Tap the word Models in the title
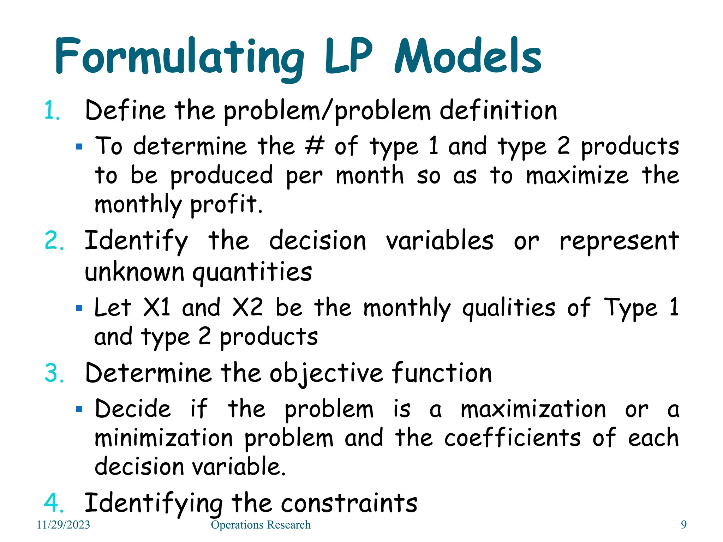[x=468, y=56]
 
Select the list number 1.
[x=52, y=111]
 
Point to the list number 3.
[x=54, y=373]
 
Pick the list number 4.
[x=54, y=503]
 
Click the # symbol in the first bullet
[x=314, y=146]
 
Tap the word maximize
[x=577, y=175]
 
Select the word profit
[x=226, y=205]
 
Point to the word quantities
[x=252, y=272]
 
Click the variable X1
[x=157, y=307]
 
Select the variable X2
[x=247, y=307]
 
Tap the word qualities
[x=509, y=308]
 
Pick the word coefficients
[x=512, y=438]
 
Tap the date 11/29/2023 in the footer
[x=64, y=525]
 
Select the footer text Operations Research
[x=261, y=525]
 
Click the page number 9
[x=684, y=525]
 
